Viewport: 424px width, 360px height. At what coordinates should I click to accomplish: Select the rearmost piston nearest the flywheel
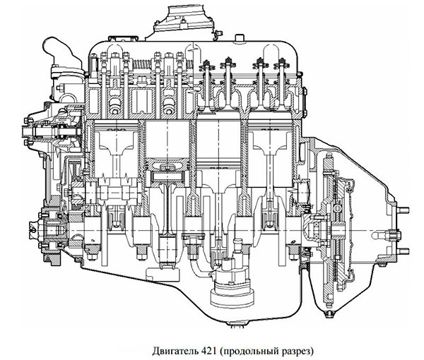(x=269, y=145)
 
